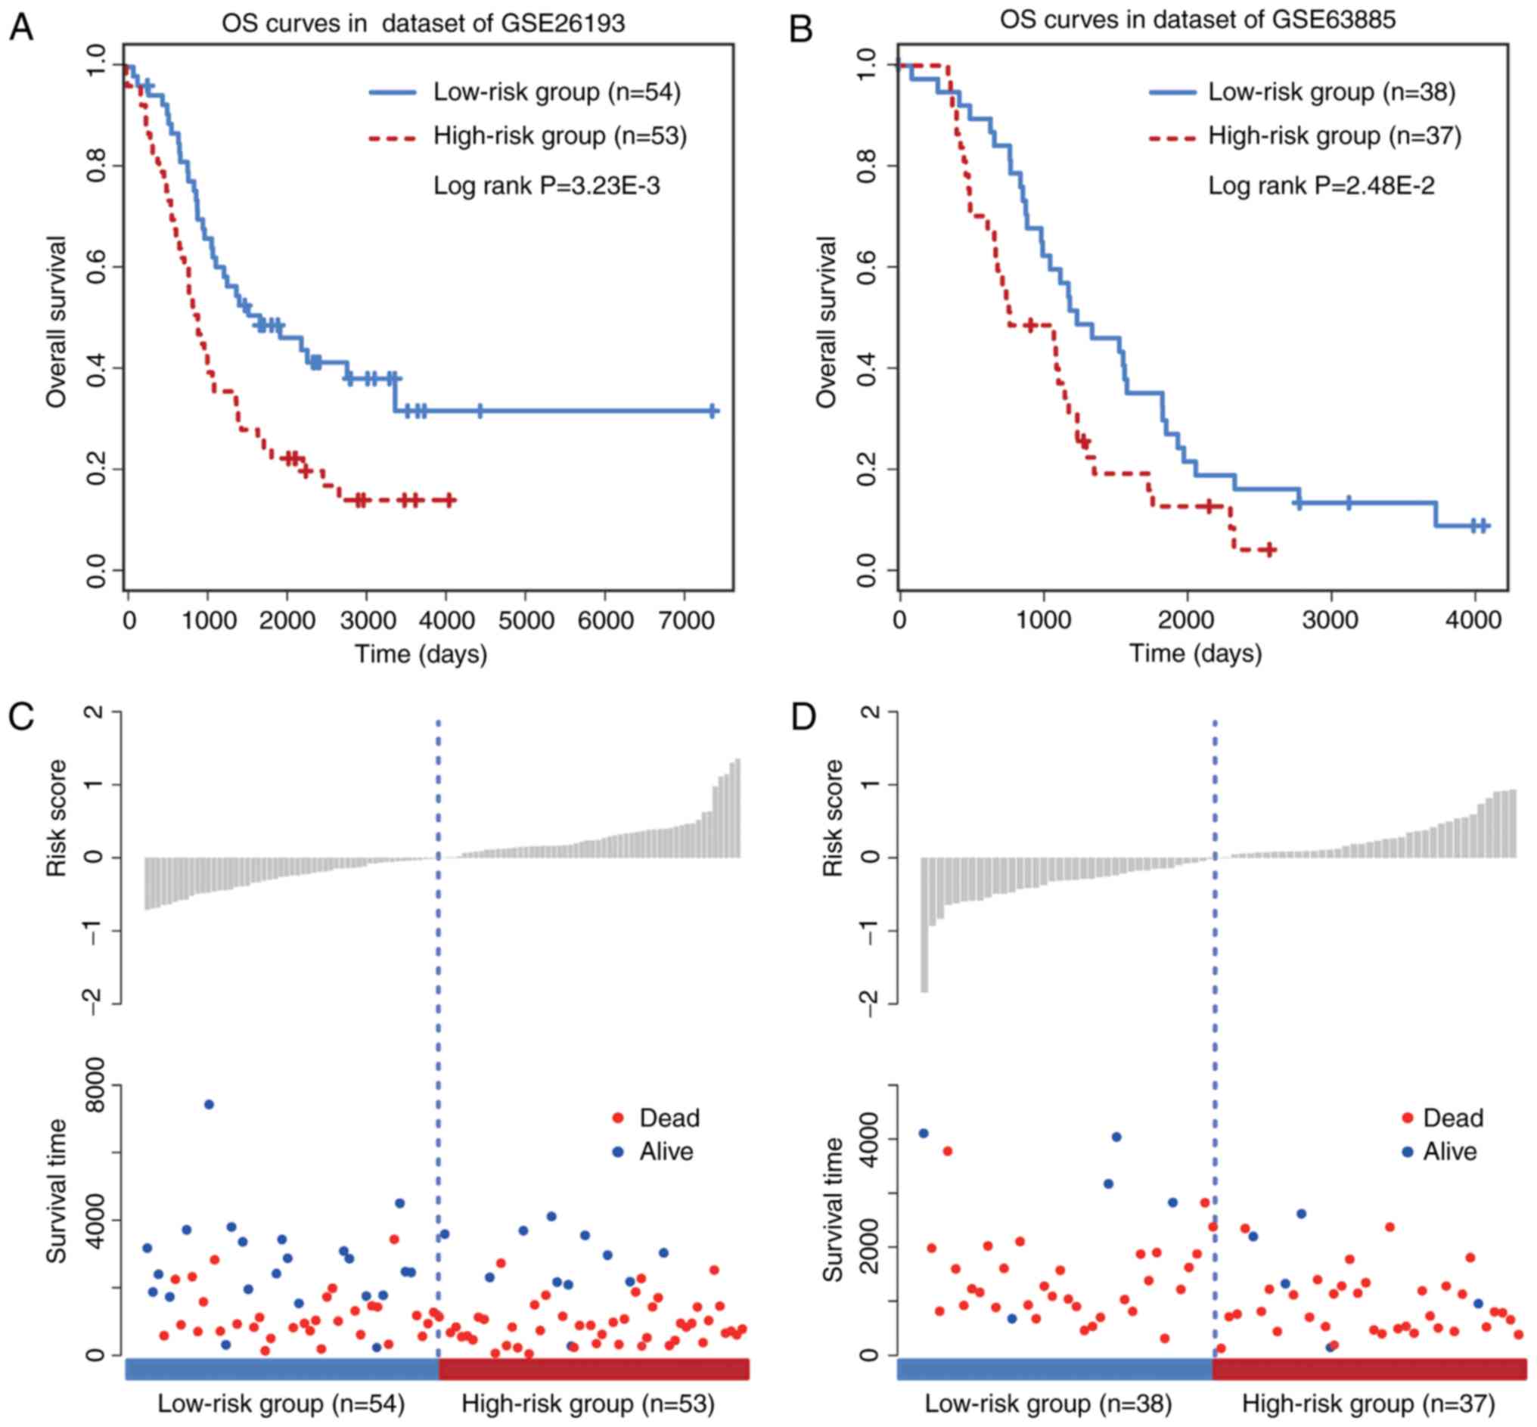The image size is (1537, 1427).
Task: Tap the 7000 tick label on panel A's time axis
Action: [684, 620]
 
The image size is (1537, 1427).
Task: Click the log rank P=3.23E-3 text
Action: [546, 185]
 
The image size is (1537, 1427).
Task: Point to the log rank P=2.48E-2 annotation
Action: [1321, 185]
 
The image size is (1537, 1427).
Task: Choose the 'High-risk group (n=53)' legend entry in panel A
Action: [559, 136]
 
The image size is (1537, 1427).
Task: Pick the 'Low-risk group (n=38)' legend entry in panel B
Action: [1331, 92]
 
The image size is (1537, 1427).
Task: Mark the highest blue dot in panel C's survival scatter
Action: [209, 1104]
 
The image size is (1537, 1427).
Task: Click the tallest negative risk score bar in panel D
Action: [924, 923]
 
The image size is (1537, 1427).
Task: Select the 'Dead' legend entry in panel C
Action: [669, 1118]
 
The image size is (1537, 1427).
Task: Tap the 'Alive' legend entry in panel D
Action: [1450, 1151]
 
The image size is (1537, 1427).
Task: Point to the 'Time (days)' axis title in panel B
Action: [1196, 653]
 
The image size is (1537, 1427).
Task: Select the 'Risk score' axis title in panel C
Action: [56, 818]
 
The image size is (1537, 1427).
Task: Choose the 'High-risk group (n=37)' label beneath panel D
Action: [1368, 1403]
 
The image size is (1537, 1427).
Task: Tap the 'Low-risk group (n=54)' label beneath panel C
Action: [281, 1403]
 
